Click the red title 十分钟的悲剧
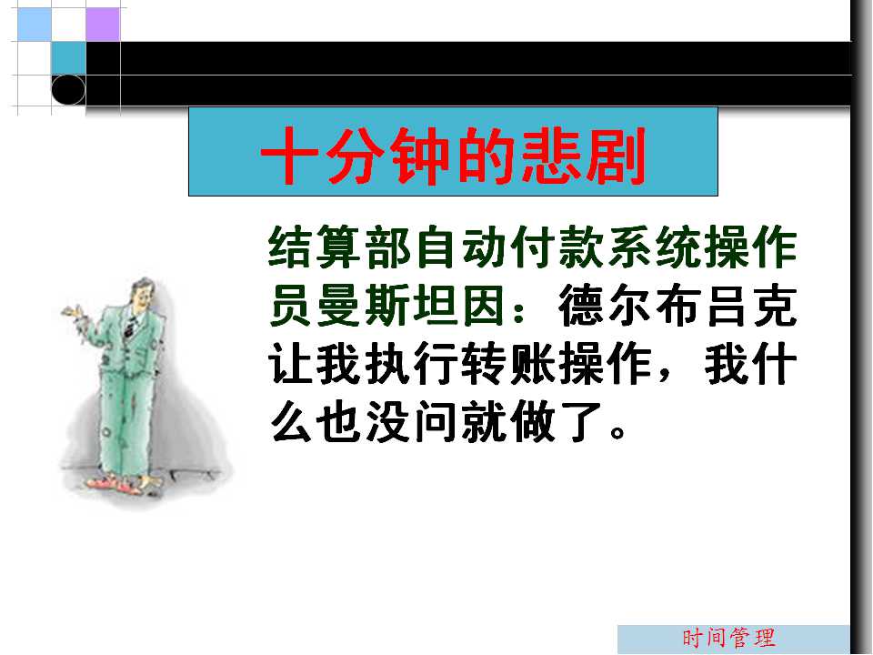453,156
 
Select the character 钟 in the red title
419,156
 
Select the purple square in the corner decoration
103,24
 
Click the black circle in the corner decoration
68,90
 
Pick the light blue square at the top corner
35,24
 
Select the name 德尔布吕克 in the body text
677,306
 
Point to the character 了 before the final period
580,422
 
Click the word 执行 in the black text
412,365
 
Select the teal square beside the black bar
68,58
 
